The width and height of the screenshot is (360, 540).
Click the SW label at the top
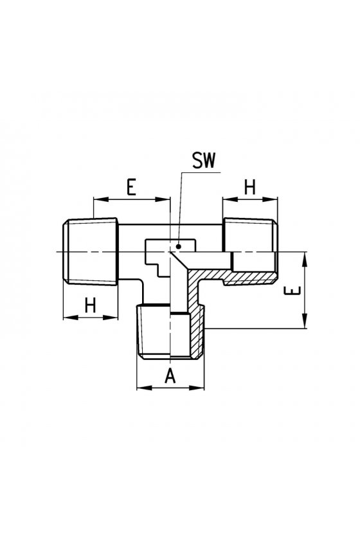tap(204, 161)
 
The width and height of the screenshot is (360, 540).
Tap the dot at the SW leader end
tap(179, 246)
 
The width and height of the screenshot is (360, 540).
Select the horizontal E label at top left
tap(131, 187)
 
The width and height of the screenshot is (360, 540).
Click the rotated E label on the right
tap(292, 291)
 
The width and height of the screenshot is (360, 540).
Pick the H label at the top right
tap(250, 187)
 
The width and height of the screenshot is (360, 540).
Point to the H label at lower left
tap(90, 305)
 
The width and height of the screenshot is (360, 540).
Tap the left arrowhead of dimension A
tap(143, 388)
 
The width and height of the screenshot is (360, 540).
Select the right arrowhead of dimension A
tap(198, 388)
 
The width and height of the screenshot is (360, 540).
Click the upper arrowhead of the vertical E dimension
tap(305, 259)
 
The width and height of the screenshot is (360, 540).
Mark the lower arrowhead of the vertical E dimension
tap(305, 321)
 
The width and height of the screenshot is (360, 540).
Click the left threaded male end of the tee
tap(91, 251)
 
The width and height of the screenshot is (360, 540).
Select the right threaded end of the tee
tap(251, 251)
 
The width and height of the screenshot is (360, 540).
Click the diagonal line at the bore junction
tap(179, 260)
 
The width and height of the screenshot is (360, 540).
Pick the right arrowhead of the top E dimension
tap(163, 199)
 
